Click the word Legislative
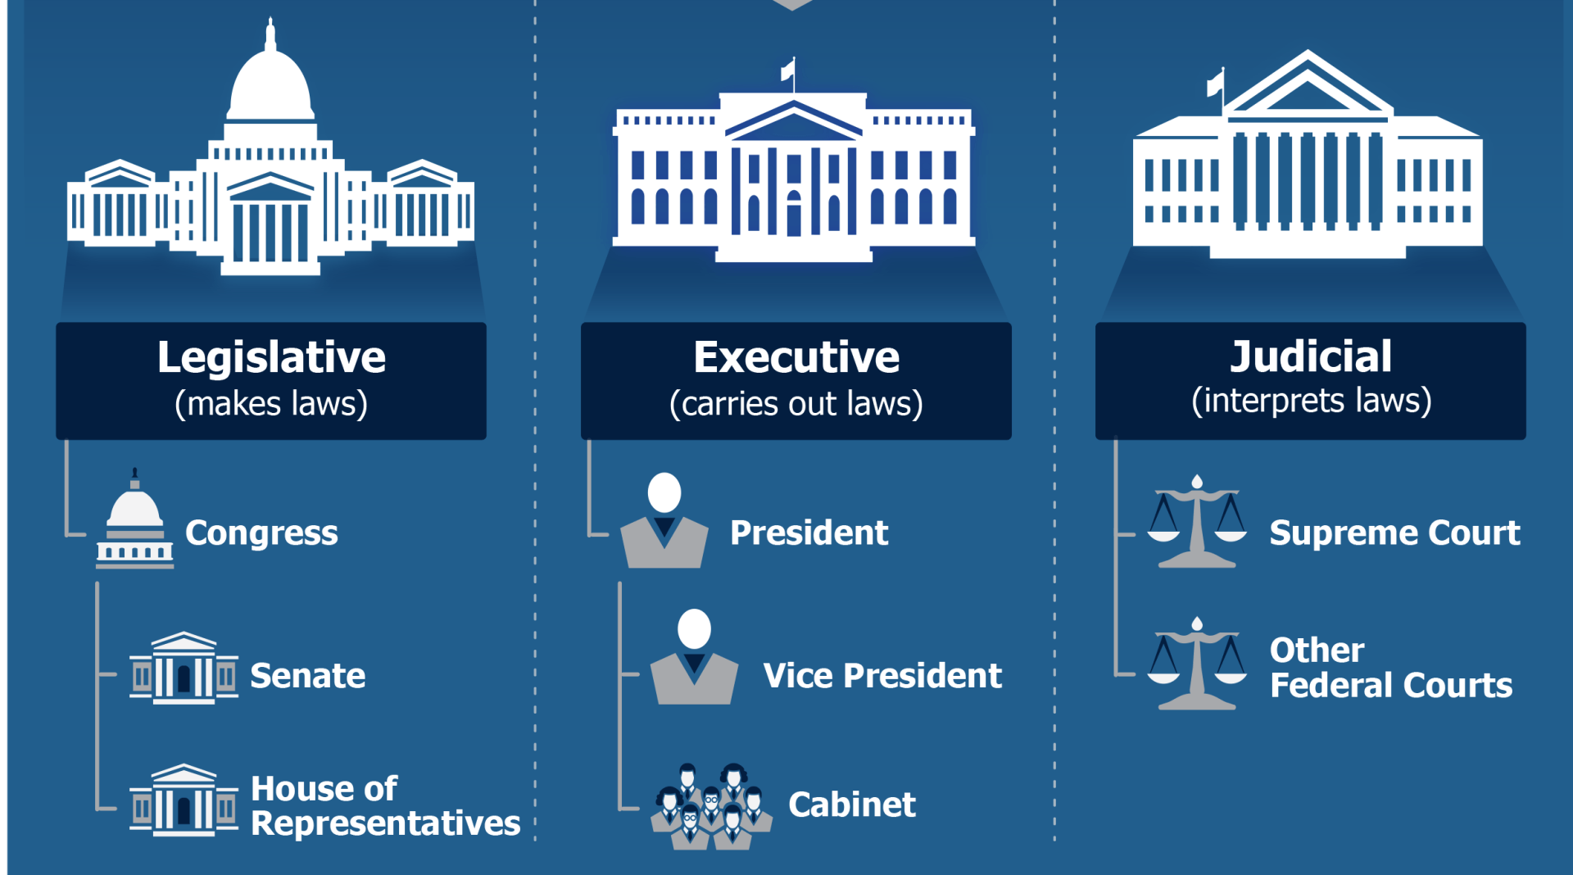[x=271, y=358]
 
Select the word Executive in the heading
[x=796, y=358]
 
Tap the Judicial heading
[x=1311, y=357]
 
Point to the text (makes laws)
[x=271, y=404]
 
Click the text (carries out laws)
[x=796, y=404]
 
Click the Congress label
[x=261, y=533]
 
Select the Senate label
[x=307, y=676]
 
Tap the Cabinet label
[x=852, y=805]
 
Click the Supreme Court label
[x=1394, y=533]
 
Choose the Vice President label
[x=882, y=676]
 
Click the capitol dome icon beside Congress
[x=135, y=521]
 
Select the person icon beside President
[x=664, y=522]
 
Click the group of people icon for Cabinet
[x=711, y=807]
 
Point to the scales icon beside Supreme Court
[x=1197, y=522]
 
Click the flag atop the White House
[x=788, y=70]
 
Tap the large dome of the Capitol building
[x=270, y=82]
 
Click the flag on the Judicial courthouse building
[x=1216, y=83]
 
